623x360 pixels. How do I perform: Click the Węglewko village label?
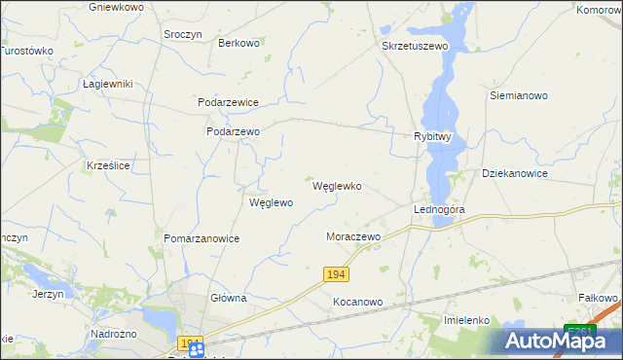point(337,186)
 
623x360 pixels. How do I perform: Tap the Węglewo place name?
point(271,203)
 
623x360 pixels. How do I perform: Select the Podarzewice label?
point(228,101)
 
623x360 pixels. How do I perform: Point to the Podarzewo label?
point(234,131)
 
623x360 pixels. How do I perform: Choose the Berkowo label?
point(239,43)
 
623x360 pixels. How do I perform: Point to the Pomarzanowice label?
point(202,237)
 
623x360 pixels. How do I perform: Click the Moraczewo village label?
point(352,236)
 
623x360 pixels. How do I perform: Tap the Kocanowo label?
point(358,302)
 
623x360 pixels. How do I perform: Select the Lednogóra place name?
point(439,209)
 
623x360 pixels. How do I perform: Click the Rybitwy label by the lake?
point(433,137)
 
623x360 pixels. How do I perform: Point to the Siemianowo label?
point(519,96)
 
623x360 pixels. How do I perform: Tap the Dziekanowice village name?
point(515,173)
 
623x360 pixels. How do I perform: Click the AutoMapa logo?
point(560,340)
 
